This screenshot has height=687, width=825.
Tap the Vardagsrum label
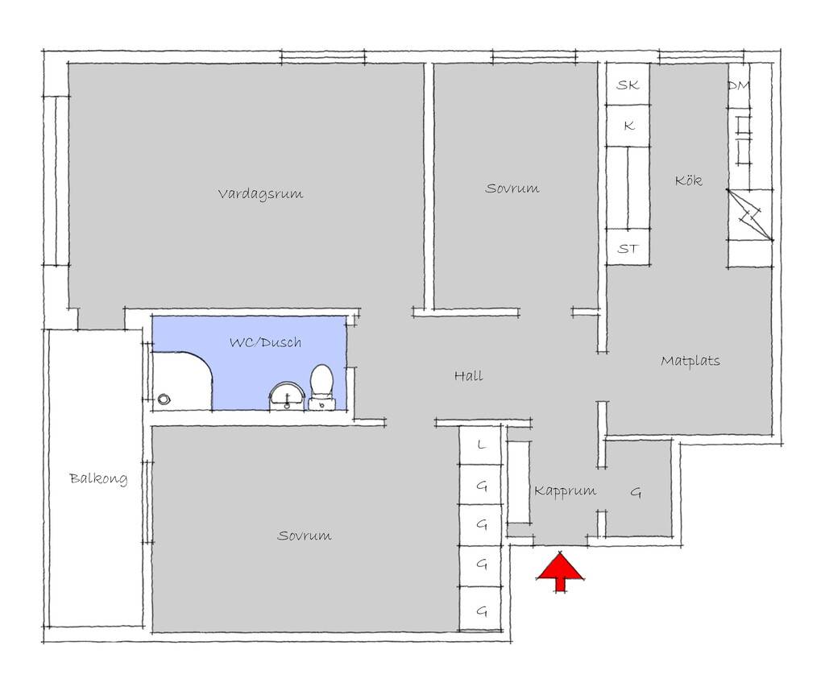(x=260, y=193)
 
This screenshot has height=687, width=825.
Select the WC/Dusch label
(x=266, y=342)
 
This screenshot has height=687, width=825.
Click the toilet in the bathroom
(x=321, y=387)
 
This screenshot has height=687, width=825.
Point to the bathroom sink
(x=287, y=396)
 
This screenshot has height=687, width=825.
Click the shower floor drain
(x=164, y=399)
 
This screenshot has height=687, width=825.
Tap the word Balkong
(x=98, y=478)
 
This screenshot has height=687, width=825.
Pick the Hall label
(x=468, y=375)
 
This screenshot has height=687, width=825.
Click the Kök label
(x=688, y=180)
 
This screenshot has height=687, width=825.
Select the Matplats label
(x=690, y=361)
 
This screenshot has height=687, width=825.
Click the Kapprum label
(x=565, y=491)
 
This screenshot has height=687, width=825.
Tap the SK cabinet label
(x=628, y=85)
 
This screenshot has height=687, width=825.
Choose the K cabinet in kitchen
(x=628, y=126)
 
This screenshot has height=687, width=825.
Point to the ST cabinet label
(x=628, y=248)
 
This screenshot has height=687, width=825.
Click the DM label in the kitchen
(x=739, y=85)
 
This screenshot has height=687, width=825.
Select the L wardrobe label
(x=482, y=445)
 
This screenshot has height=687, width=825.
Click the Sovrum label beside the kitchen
(x=512, y=188)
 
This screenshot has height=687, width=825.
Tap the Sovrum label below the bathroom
(x=304, y=536)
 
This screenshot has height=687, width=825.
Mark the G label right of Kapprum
(x=636, y=492)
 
